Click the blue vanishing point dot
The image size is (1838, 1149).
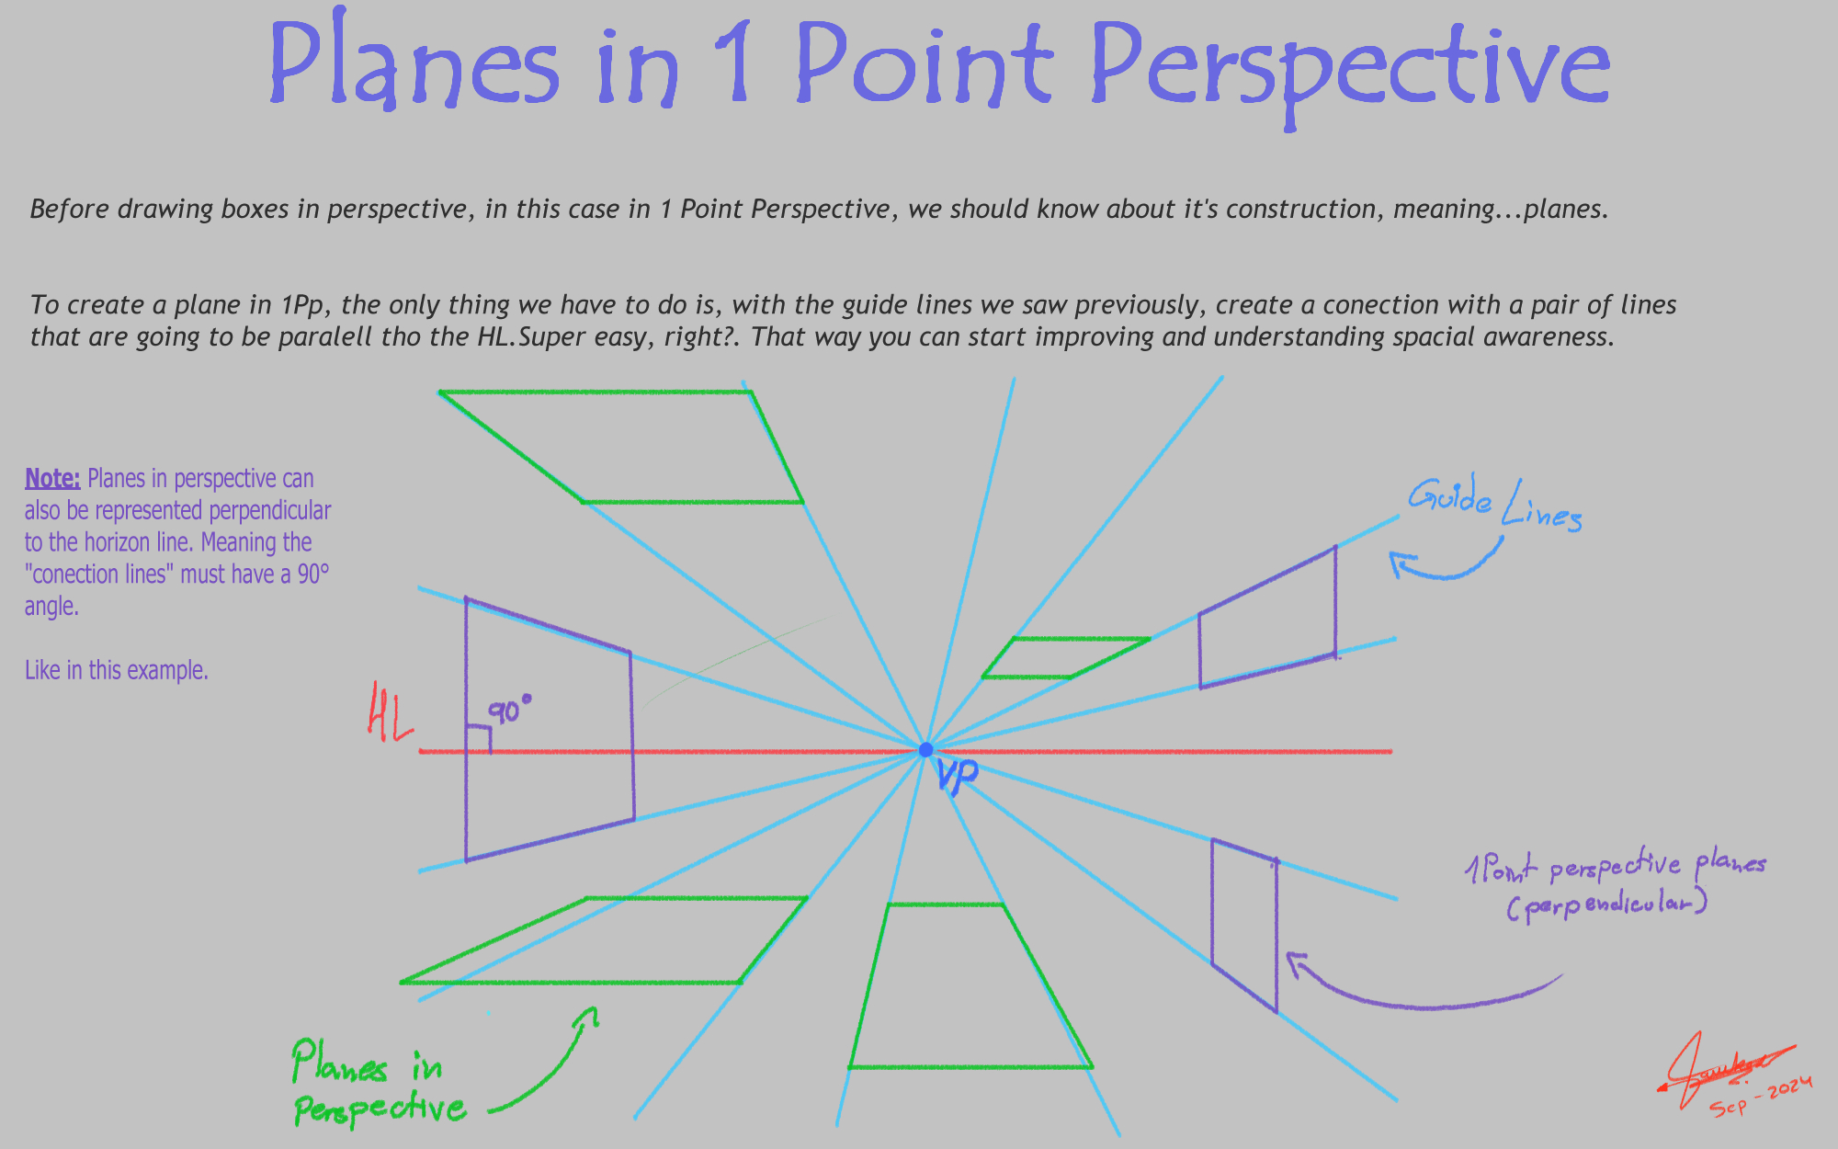point(925,750)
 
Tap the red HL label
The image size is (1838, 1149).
point(390,711)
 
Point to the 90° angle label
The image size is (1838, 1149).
point(509,710)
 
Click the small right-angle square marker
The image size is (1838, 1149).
point(478,739)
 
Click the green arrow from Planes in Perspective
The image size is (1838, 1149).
point(551,1066)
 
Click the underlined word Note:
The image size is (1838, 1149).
point(52,479)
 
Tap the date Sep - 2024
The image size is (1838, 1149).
point(1761,1096)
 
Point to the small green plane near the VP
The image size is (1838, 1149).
point(1066,657)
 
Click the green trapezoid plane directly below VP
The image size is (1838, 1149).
point(970,988)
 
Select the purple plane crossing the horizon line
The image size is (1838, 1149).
point(549,731)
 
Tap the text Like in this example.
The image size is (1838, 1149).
point(117,670)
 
